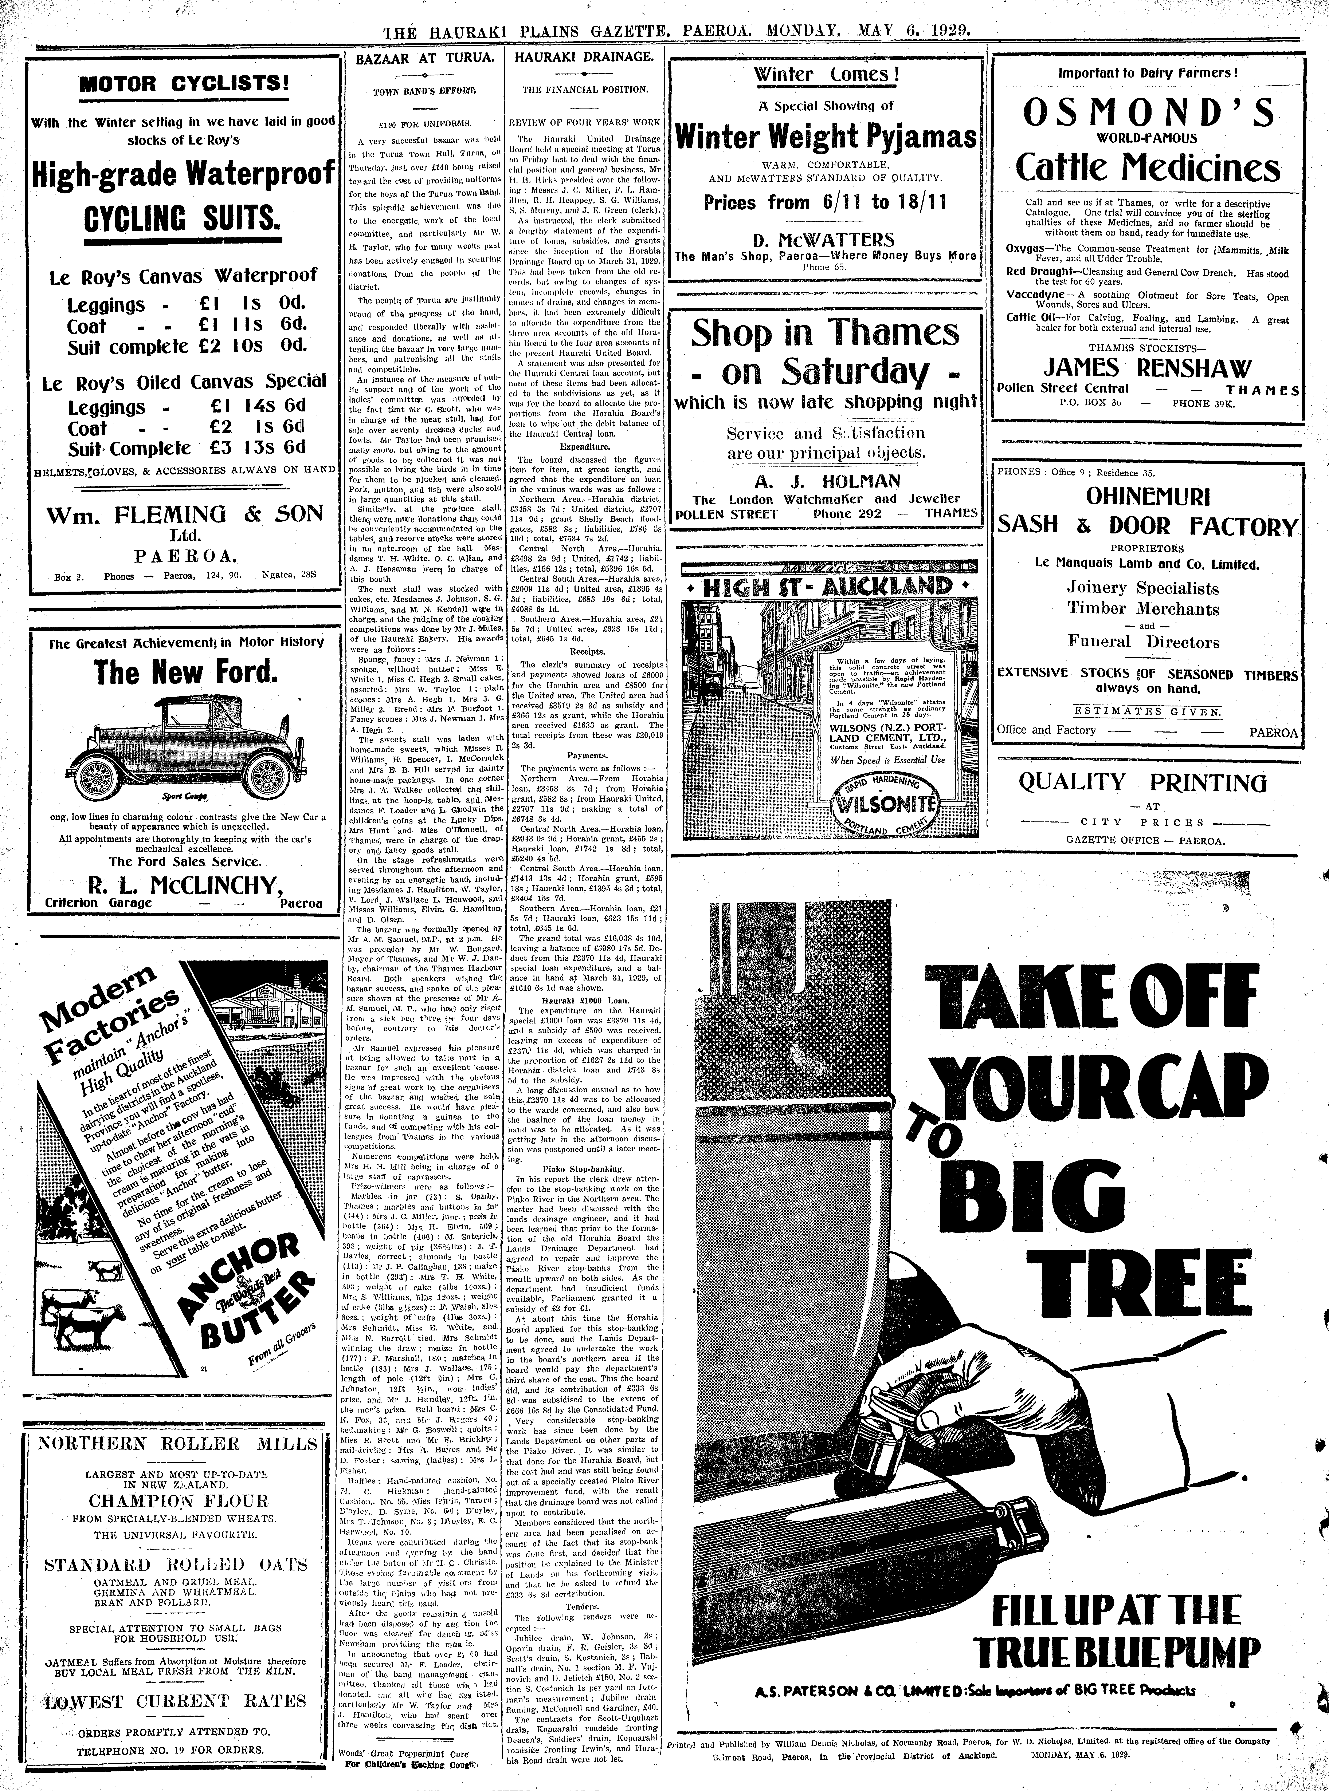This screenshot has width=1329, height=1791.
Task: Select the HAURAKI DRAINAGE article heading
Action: [583, 58]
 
